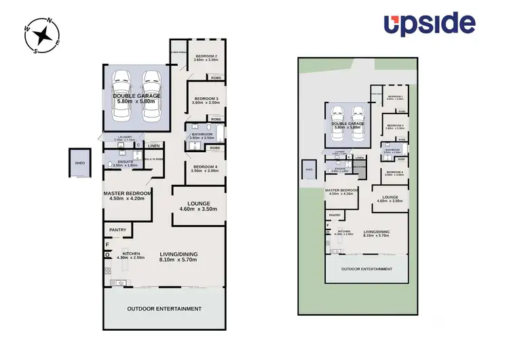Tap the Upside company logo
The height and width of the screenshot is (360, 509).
429,24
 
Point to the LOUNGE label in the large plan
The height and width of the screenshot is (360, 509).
198,203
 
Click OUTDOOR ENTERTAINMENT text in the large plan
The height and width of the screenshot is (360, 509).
164,308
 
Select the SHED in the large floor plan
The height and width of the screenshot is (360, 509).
79,163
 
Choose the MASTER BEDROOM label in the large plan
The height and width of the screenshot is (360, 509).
127,193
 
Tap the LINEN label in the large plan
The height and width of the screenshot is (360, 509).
155,145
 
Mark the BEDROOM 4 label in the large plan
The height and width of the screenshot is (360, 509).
206,166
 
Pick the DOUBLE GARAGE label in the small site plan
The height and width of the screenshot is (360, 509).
347,124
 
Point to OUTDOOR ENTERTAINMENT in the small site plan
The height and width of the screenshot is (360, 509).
367,269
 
